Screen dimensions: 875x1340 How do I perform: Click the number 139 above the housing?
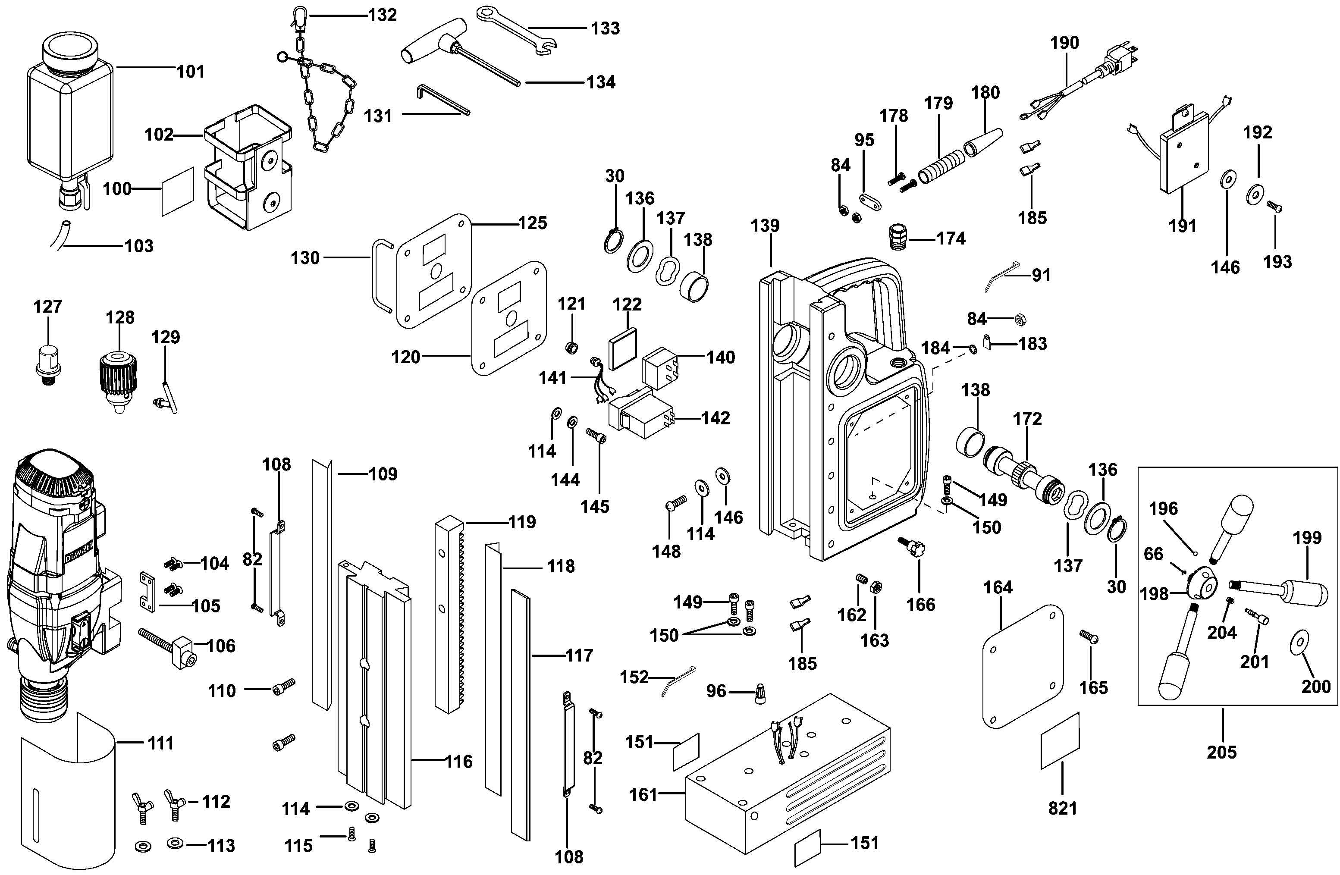point(765,226)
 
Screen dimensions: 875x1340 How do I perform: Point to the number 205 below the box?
point(1221,752)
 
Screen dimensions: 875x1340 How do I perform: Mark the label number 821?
point(1062,809)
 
